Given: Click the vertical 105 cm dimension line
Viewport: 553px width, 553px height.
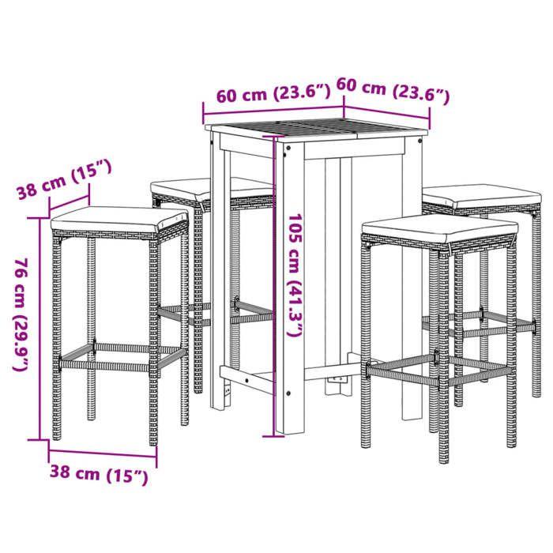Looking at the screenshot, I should [277, 284].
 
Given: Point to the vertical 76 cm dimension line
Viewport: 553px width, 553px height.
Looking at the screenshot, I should [40, 328].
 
